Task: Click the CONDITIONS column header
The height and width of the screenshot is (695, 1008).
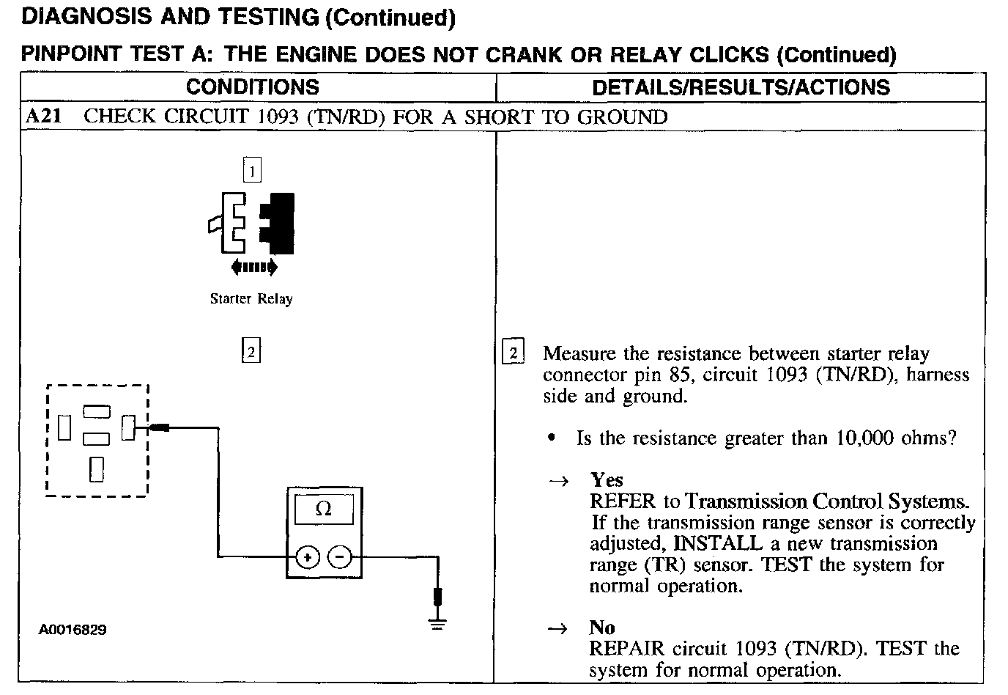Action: point(252,87)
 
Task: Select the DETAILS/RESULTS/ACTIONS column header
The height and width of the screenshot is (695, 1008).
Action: point(741,87)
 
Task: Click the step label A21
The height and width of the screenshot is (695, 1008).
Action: point(43,117)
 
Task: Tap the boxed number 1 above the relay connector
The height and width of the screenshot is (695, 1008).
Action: point(251,172)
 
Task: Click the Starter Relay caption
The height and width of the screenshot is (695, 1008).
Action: point(251,298)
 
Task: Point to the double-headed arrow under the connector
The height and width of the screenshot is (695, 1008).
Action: point(253,268)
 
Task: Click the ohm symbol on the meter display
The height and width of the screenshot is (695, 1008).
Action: point(323,509)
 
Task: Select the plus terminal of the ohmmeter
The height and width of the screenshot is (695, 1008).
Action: point(308,558)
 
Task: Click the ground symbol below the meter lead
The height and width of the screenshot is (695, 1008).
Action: point(437,624)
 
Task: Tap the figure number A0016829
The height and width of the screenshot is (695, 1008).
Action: point(73,630)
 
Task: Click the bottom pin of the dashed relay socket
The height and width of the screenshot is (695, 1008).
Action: point(97,469)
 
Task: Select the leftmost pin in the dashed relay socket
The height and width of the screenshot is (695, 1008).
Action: point(64,427)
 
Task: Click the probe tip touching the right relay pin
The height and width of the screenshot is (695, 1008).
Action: point(160,427)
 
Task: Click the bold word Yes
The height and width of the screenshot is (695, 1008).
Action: point(607,480)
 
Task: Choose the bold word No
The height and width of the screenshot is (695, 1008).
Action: point(602,628)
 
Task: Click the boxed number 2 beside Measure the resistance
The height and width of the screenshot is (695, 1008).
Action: point(513,353)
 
